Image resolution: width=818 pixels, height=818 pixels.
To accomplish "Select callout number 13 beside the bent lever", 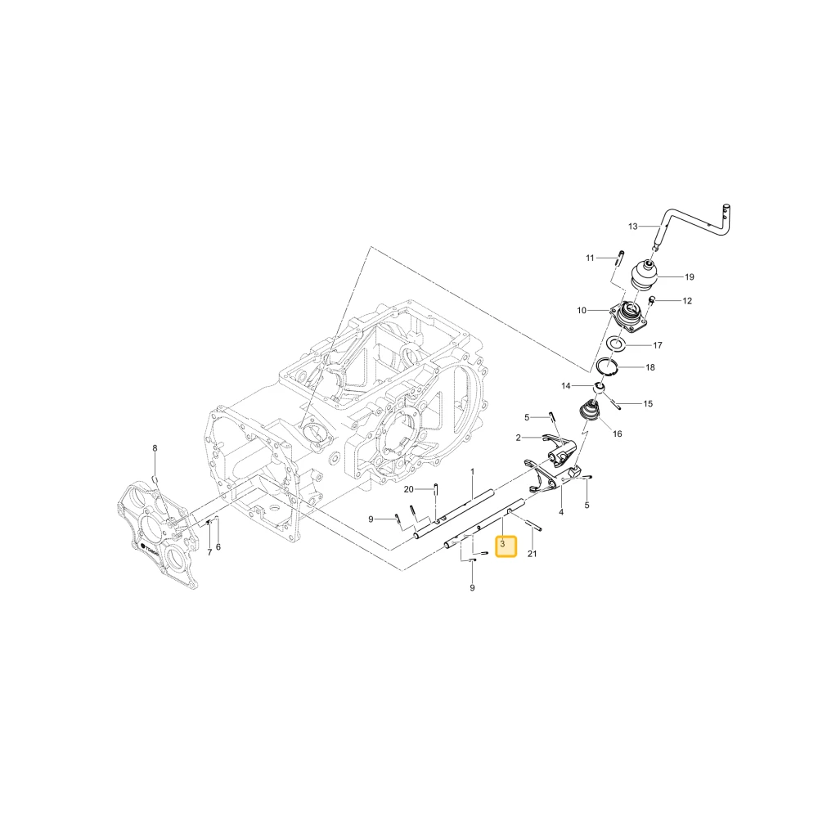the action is [633, 227].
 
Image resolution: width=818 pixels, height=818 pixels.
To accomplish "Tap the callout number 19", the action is [689, 277].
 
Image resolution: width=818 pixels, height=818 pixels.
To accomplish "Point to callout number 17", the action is [658, 345].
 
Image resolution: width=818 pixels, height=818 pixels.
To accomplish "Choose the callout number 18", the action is [650, 368].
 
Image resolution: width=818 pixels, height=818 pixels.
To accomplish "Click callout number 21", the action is [532, 554].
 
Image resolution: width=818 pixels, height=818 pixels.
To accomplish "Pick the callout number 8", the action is [155, 448].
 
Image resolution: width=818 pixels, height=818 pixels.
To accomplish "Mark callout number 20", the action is [408, 489].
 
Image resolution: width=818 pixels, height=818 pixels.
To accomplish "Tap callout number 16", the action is [617, 434].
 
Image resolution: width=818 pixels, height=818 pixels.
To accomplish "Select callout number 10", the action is [582, 310].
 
